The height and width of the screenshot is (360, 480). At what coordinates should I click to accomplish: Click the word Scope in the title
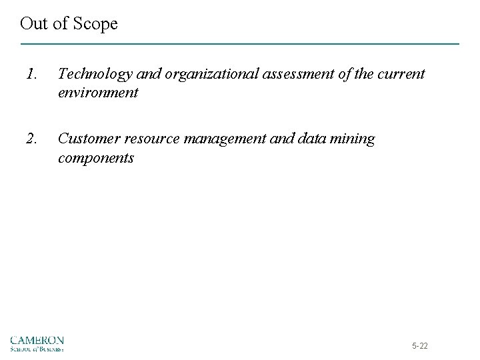coord(95,25)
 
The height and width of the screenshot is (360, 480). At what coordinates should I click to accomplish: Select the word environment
coord(98,93)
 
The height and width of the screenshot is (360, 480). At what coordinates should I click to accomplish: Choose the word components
coord(96,159)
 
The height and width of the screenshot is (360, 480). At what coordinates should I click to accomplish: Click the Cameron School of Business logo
coord(38,343)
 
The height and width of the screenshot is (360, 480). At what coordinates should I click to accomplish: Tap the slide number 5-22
coord(420,346)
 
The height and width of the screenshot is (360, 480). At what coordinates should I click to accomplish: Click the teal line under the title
coord(240,44)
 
